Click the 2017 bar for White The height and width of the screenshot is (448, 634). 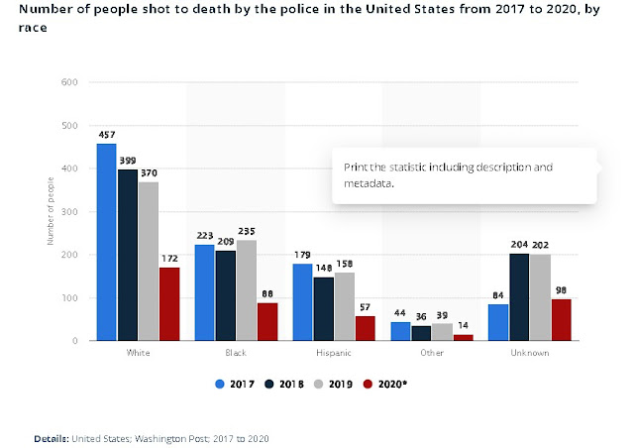[x=106, y=242]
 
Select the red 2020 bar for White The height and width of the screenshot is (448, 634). [x=169, y=303]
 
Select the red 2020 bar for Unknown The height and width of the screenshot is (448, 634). [x=562, y=319]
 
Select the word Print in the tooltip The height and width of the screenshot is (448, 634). [x=355, y=167]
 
